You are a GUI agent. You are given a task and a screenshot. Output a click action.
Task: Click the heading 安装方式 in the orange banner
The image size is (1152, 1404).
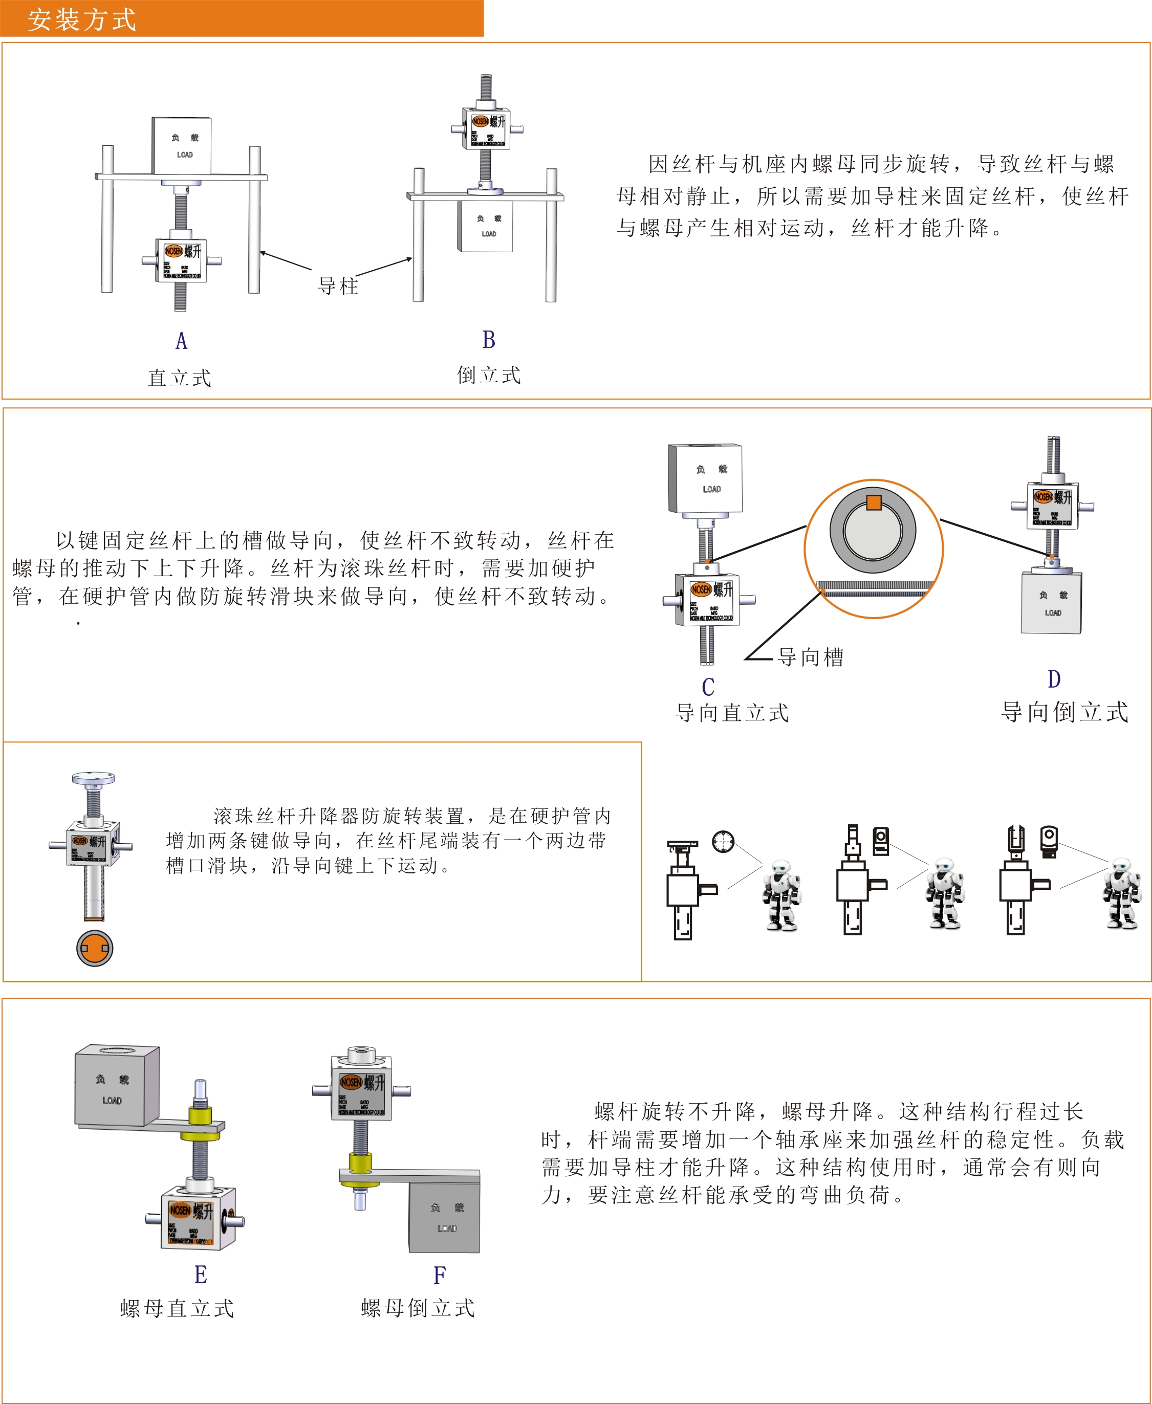tap(81, 19)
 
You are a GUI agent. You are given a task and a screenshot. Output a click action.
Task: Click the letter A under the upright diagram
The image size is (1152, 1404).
tap(181, 341)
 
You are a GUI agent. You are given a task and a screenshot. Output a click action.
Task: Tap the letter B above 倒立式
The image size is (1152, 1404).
tap(488, 340)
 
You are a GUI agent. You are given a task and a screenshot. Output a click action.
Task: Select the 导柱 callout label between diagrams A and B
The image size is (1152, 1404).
tap(338, 286)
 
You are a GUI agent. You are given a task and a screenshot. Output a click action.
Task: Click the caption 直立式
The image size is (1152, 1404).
tap(179, 378)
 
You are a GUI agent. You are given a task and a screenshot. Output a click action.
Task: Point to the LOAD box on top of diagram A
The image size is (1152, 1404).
tap(182, 145)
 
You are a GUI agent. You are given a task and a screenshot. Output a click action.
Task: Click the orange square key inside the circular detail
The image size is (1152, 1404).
tap(874, 502)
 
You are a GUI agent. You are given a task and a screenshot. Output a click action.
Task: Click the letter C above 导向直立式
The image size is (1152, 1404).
tap(708, 687)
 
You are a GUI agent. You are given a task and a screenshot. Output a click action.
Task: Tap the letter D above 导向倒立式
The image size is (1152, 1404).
tap(1054, 679)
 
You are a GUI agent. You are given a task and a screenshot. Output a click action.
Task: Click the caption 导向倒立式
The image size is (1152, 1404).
tap(1064, 712)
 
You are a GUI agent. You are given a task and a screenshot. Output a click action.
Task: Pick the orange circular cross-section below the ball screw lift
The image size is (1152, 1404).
tap(94, 948)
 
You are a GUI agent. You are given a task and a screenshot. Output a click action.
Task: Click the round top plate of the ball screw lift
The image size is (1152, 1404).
tap(93, 777)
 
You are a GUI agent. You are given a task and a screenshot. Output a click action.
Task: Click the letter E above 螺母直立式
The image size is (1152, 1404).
tap(201, 1275)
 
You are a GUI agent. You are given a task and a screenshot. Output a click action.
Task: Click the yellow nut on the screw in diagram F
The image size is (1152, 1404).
tap(360, 1162)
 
